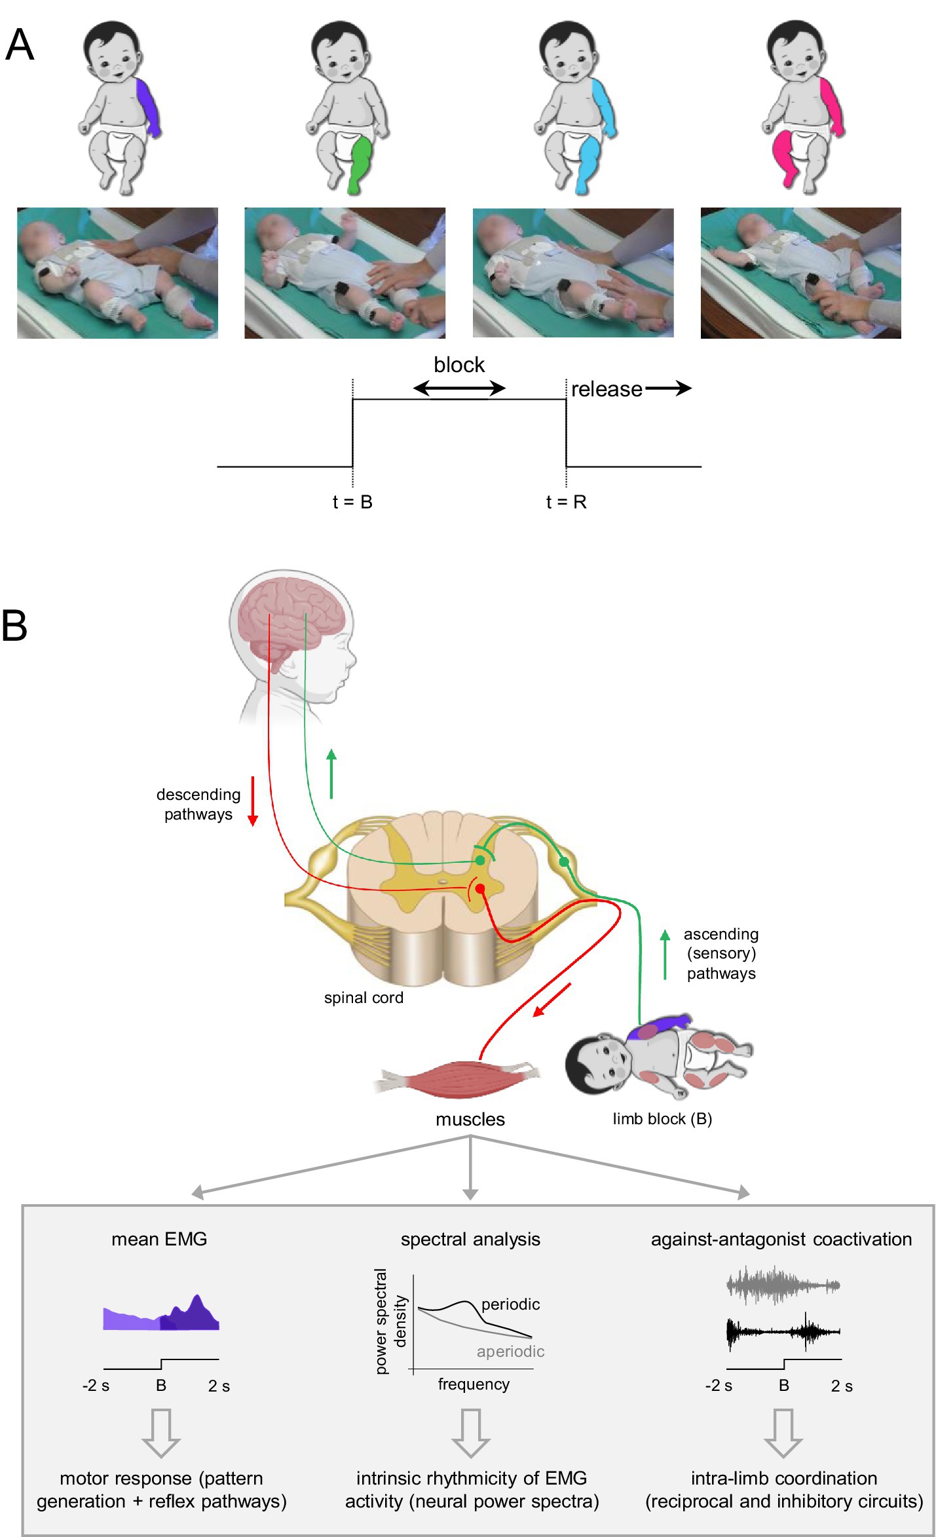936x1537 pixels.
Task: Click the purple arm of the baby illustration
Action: tap(150, 105)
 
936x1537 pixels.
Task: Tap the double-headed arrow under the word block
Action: tap(459, 389)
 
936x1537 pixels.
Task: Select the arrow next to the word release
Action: tap(668, 389)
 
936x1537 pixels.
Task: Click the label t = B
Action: tap(352, 502)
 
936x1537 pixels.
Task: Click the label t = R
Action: tap(566, 502)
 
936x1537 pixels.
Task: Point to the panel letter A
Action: tap(19, 45)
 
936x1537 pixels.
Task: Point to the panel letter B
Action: tap(14, 626)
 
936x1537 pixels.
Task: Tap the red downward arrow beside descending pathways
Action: tap(253, 801)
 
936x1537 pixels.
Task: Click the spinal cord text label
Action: tap(364, 997)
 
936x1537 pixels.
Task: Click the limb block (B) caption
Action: tap(662, 1118)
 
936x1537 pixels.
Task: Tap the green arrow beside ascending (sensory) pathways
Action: tap(665, 954)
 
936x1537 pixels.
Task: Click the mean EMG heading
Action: tap(159, 1239)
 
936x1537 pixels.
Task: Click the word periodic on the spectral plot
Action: tap(510, 1304)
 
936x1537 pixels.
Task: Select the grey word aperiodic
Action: tap(510, 1351)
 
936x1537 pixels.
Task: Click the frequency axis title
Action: tap(474, 1384)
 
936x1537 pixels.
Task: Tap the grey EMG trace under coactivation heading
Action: tap(783, 1285)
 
